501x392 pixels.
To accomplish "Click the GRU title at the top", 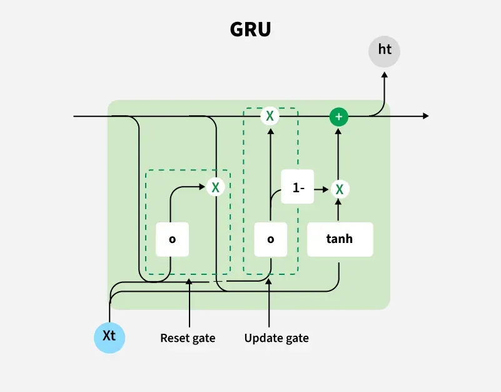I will point(250,30).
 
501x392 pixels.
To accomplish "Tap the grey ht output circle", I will point(384,49).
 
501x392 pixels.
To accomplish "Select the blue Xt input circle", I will point(109,336).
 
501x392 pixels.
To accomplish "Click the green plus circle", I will point(338,116).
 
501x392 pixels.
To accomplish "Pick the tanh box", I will point(340,239).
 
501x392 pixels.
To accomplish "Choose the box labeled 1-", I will point(297,187).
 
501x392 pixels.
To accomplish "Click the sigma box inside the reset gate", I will point(172,239).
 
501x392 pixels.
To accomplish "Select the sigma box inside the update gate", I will point(271,239).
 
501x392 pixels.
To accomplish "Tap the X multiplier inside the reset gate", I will point(215,187).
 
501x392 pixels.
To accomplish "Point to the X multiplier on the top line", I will point(270,116).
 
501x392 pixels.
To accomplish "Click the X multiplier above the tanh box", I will point(338,188).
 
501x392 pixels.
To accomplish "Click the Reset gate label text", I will point(188,338).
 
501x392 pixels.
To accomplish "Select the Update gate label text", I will point(276,338).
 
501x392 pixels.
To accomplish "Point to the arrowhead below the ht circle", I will point(384,75).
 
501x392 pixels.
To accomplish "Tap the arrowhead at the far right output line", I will point(426,116).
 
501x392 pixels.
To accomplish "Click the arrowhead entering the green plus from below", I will point(338,130).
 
